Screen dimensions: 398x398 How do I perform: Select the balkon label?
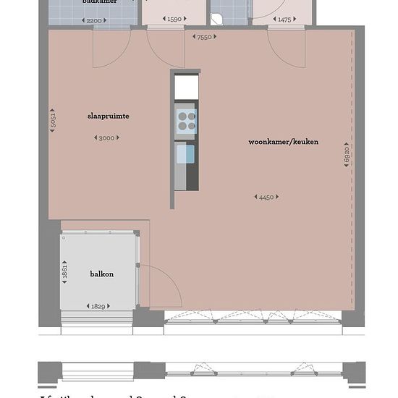(x=102, y=274)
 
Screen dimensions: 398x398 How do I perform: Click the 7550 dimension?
(x=203, y=36)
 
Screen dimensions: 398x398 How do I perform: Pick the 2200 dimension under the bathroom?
(x=94, y=20)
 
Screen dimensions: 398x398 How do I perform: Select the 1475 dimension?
(x=284, y=20)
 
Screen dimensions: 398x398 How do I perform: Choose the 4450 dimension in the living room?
(x=266, y=197)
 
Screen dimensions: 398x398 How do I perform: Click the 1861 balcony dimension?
(x=65, y=274)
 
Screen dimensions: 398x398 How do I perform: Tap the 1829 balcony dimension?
(x=98, y=306)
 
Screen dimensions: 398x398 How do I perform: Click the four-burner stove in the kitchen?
(x=186, y=120)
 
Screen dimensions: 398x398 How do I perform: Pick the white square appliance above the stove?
(x=186, y=87)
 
